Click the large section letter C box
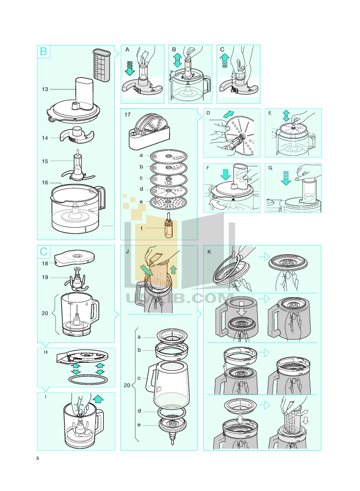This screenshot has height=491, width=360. pos(43,252)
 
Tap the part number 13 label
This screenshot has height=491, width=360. pos(45,90)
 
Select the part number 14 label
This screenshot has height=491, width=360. pos(45,138)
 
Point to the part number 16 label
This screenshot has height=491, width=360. pos(45,183)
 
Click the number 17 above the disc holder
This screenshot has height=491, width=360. pos(127,114)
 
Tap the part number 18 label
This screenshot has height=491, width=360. pos(45,263)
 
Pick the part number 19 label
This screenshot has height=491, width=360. pos(45,277)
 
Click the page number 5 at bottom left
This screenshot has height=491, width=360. pos(38,458)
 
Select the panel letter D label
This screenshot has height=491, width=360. pos(208,113)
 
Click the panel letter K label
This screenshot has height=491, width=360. pos(209,252)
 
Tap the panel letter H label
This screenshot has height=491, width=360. pos(46,352)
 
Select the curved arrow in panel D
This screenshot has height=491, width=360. pos(228,114)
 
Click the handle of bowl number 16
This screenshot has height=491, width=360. pos(100,199)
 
